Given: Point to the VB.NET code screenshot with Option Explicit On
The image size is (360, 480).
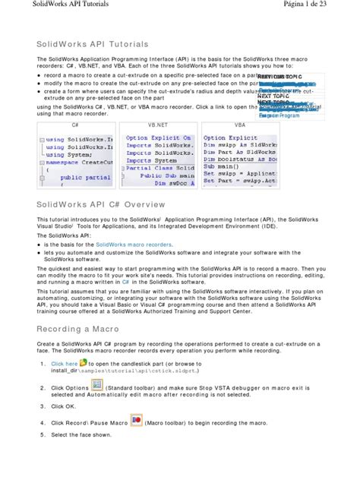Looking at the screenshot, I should click(x=158, y=158).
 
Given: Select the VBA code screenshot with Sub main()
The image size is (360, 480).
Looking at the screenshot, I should click(x=240, y=158).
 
